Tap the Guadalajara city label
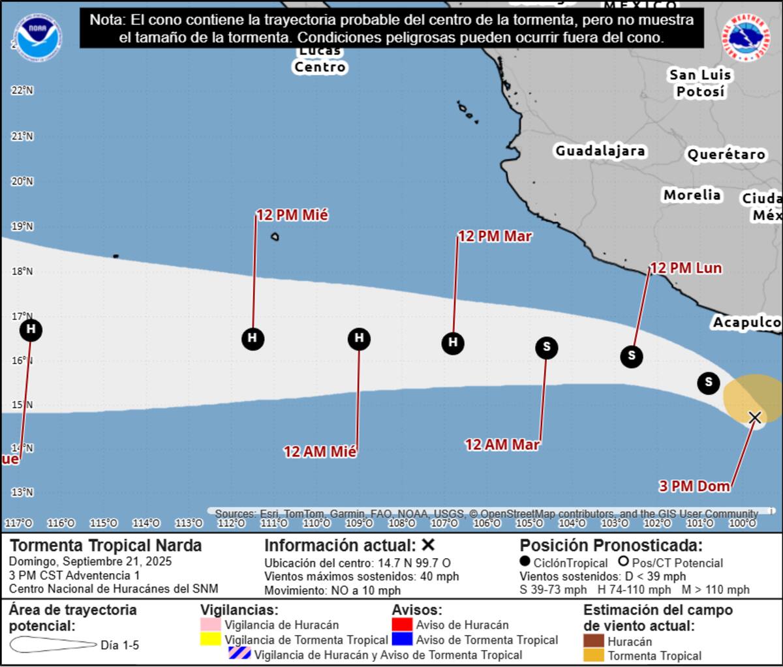pos(600,151)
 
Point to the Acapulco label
pos(746,323)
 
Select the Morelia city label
pos(692,195)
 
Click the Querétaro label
pos(726,155)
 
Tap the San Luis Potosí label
pos(700,83)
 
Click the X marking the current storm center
pos(755,417)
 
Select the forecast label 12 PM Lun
pos(686,268)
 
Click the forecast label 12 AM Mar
pos(502,445)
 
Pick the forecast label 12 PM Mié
pos(292,215)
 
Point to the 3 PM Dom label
pos(694,486)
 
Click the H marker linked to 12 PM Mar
pos(453,343)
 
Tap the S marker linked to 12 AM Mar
pos(547,348)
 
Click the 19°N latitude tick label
pos(22,227)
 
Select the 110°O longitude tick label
pos(316,524)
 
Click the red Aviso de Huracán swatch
pos(402,624)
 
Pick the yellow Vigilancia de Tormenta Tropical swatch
pos(210,640)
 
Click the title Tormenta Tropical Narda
pos(106,546)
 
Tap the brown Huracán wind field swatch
pos(593,641)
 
